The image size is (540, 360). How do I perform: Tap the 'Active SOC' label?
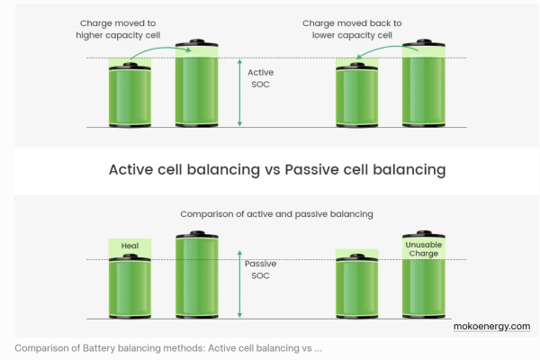[x=262, y=78]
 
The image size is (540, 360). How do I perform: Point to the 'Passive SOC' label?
[x=262, y=269]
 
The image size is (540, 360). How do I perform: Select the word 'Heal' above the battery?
[x=130, y=246]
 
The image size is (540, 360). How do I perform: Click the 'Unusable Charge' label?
[x=422, y=249]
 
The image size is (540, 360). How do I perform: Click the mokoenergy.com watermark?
[x=491, y=326]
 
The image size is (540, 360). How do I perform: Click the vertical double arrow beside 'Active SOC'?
[x=239, y=93]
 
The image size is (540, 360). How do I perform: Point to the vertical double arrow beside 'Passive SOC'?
[x=239, y=284]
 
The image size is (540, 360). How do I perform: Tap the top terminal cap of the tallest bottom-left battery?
[x=195, y=234]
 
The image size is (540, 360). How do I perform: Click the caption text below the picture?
[x=168, y=348]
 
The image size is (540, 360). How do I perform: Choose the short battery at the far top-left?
[x=130, y=94]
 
